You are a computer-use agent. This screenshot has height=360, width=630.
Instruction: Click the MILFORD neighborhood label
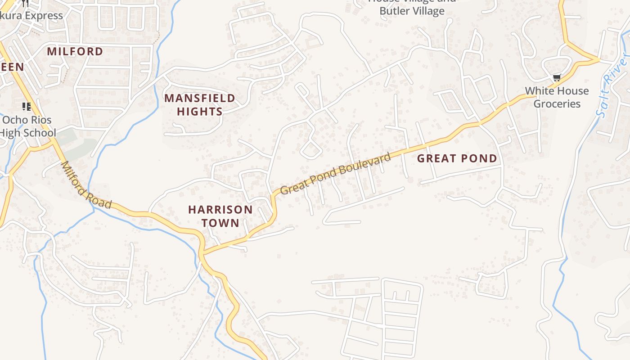pos(75,51)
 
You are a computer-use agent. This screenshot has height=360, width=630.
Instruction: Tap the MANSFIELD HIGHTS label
pos(200,104)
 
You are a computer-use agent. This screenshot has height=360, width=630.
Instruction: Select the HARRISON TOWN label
pos(220,216)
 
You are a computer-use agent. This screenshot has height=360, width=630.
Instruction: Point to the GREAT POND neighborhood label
pos(457,158)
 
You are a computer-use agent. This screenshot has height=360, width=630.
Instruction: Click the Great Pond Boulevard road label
pos(335,174)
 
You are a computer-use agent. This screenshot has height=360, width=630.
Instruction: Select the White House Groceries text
pos(557,97)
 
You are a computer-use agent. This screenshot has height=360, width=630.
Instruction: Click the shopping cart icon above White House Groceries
pos(557,78)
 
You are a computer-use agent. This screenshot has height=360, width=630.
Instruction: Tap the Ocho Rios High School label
pos(28,126)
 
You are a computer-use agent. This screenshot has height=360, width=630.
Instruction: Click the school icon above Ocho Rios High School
pos(27,107)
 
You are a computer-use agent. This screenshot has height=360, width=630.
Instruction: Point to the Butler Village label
pos(412,11)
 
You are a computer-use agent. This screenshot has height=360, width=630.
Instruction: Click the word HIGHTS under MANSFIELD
pos(200,111)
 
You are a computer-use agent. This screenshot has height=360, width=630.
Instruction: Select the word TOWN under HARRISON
pos(220,223)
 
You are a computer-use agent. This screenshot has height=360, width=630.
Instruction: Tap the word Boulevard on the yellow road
pos(365,164)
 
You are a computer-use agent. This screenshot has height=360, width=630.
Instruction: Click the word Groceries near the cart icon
pos(557,104)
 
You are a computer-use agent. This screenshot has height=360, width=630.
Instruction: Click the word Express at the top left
pos(44,16)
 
